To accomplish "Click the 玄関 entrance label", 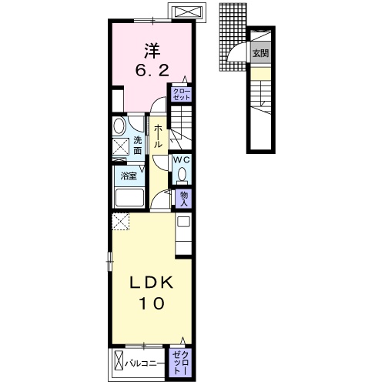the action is [x=261, y=53].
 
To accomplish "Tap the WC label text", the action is [x=182, y=160].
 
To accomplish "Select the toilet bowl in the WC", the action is [x=182, y=174].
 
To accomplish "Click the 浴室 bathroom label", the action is [x=129, y=176].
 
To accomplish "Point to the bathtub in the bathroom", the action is [x=129, y=197].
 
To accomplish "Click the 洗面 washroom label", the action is [x=138, y=146].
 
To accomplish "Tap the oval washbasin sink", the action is [x=118, y=126].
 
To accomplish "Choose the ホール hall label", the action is [x=158, y=136].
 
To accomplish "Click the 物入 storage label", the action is [x=184, y=199].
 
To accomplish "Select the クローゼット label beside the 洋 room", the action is [x=182, y=94].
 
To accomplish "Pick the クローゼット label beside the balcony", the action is [x=181, y=363].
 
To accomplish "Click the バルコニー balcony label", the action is [x=145, y=363].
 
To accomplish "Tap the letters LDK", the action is [x=152, y=283].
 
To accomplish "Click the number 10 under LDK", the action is [x=152, y=303].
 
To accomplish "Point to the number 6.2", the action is [x=152, y=70].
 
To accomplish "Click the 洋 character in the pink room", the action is [x=152, y=51].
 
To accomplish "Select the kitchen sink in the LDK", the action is [x=184, y=222].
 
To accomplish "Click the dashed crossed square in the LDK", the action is [x=121, y=222].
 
